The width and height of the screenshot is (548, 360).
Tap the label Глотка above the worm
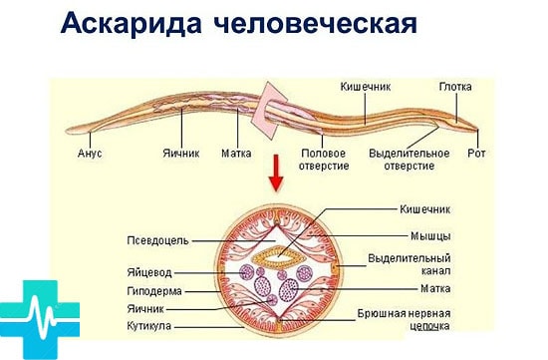[x=455, y=88]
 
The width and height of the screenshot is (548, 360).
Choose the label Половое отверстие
[x=324, y=161]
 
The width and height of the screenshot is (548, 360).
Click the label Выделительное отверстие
[x=402, y=161]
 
